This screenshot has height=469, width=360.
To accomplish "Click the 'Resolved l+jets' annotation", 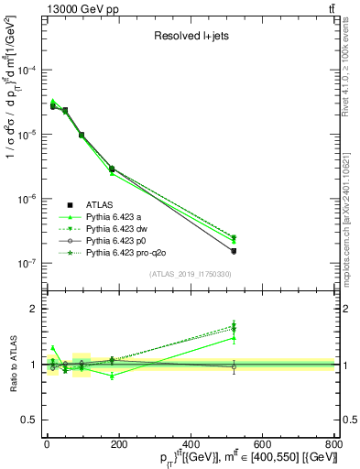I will [x=191, y=38].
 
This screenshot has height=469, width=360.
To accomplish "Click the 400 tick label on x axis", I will [x=190, y=443].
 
